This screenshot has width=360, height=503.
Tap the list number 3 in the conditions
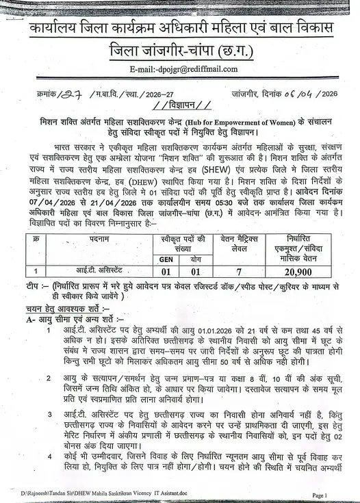49,415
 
